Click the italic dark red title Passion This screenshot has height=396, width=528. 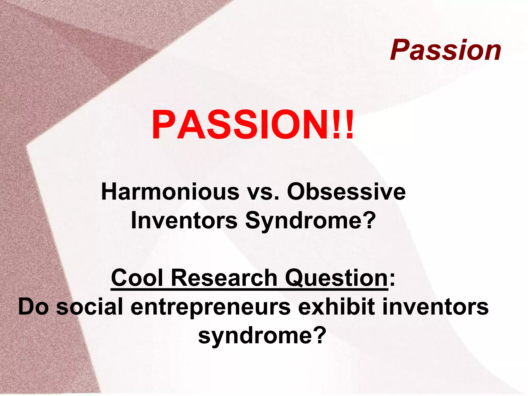pyautogui.click(x=445, y=50)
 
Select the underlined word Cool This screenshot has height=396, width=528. pyautogui.click(x=137, y=278)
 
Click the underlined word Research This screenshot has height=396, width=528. pyautogui.click(x=224, y=278)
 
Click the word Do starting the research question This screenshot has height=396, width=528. pyautogui.click(x=34, y=307)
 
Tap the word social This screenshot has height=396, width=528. pyautogui.click(x=89, y=307)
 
